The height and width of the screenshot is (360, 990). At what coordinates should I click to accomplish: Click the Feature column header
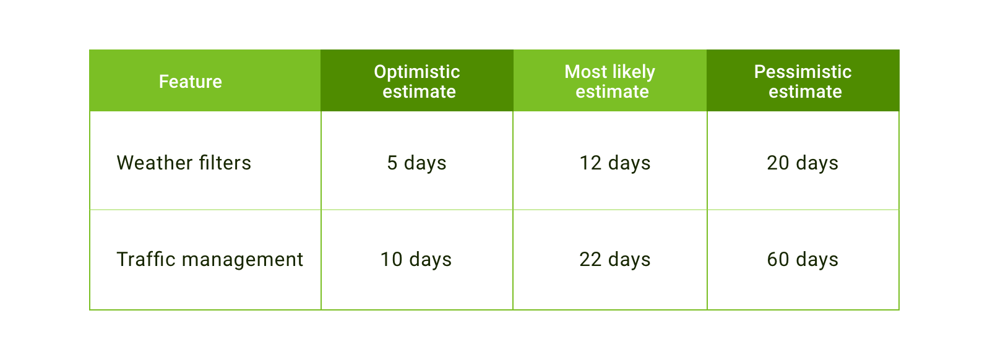tap(191, 82)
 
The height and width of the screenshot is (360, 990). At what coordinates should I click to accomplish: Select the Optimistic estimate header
tap(417, 82)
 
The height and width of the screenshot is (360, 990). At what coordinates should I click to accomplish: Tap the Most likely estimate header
tap(610, 82)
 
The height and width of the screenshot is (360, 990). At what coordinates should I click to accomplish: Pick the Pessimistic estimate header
tap(803, 82)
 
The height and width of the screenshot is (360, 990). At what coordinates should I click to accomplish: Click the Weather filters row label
tap(184, 163)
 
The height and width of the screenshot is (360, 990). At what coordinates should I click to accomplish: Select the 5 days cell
tap(417, 163)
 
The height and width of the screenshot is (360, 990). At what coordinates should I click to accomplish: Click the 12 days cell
tap(615, 163)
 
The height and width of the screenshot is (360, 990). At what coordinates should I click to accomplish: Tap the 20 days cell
tap(803, 163)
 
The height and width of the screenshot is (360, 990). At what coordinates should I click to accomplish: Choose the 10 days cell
tap(416, 259)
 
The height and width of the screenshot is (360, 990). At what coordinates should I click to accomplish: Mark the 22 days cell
tap(615, 259)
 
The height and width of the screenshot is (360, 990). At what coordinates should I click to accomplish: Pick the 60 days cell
tap(803, 259)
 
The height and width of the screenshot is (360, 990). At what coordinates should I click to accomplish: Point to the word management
tap(243, 260)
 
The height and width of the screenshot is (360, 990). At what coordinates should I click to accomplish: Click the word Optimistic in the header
tap(417, 72)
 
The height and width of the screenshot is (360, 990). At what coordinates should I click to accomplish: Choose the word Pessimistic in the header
tap(803, 72)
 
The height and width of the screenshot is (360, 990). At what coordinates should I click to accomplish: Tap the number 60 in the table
tap(778, 259)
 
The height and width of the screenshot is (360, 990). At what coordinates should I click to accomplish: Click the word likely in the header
tap(634, 72)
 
